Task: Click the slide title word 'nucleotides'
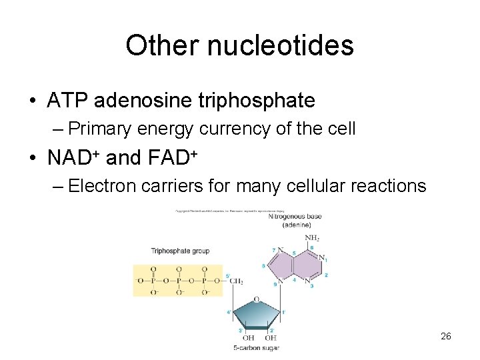pyautogui.click(x=279, y=45)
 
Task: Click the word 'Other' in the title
pyautogui.click(x=161, y=45)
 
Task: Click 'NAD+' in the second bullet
pyautogui.click(x=74, y=157)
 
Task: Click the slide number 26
pyautogui.click(x=446, y=336)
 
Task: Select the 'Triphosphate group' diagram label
pyautogui.click(x=180, y=251)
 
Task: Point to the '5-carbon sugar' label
pyautogui.click(x=256, y=348)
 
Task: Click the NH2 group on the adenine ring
pyautogui.click(x=312, y=238)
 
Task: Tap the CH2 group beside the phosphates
pyautogui.click(x=236, y=281)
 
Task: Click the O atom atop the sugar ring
pyautogui.click(x=256, y=299)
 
